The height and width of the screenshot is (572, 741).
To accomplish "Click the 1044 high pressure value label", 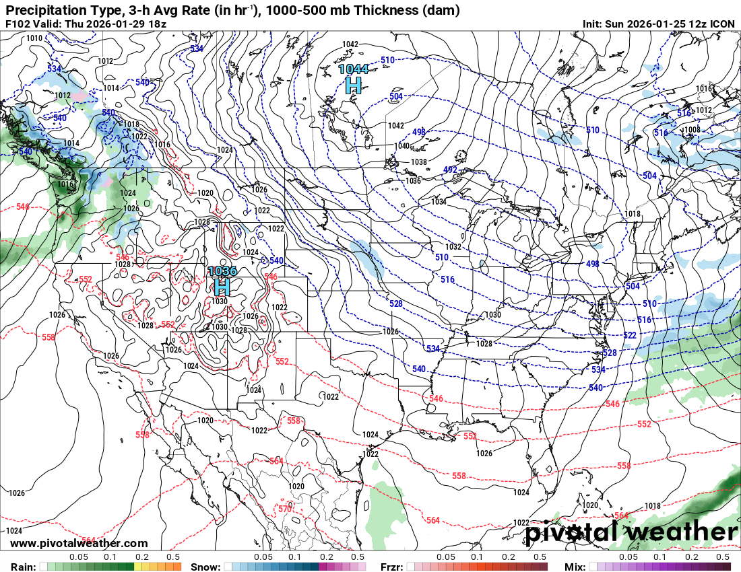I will tap(353, 69).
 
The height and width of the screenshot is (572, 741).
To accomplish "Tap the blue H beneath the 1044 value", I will tap(353, 85).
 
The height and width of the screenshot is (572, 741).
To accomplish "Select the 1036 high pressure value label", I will tap(222, 271).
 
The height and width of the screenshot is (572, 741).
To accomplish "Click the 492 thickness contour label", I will tap(451, 170).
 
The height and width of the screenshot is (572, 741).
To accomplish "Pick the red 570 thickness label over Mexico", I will tap(285, 509).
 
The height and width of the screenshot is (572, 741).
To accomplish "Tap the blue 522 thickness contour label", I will tap(630, 335).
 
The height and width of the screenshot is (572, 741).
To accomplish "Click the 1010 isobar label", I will tap(34, 38).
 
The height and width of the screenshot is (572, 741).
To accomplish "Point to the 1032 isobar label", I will tap(453, 247).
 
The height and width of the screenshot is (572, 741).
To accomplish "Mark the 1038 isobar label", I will tap(418, 162).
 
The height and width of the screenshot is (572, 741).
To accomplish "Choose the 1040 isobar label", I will tap(401, 146).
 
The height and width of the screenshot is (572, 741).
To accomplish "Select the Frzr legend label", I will tap(392, 567).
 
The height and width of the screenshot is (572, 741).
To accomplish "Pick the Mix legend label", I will tap(576, 567).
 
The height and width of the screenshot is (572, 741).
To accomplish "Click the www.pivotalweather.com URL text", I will tap(79, 543).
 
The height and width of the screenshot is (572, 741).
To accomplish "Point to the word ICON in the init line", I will tap(723, 24).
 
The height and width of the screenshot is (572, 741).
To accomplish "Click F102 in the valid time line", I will tap(18, 24).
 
